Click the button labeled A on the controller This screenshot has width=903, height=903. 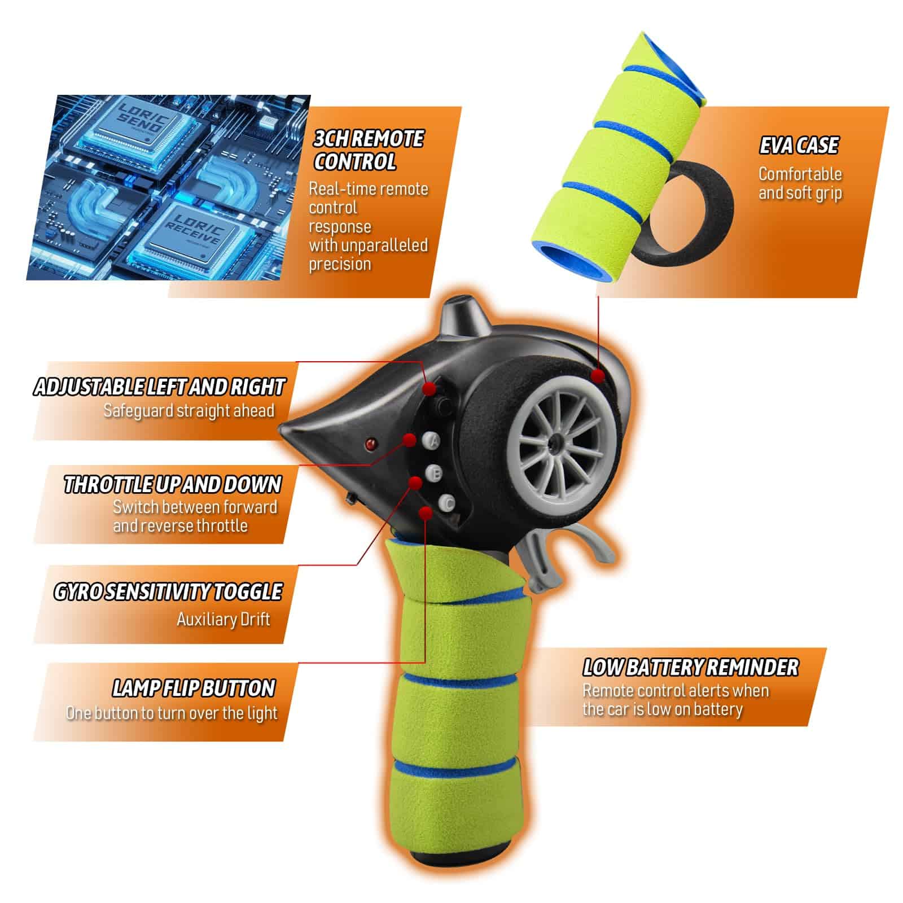click(432, 441)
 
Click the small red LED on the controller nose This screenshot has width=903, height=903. click(371, 444)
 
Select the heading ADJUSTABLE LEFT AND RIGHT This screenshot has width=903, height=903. click(159, 387)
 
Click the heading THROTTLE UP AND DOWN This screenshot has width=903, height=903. click(173, 485)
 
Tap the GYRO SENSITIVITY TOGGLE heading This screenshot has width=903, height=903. click(168, 592)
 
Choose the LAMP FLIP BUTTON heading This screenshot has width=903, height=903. click(194, 689)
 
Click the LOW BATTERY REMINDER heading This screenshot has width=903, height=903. click(690, 668)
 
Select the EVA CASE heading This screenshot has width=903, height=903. click(799, 146)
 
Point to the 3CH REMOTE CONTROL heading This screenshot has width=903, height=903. click(369, 151)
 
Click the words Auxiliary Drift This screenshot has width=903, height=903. click(223, 620)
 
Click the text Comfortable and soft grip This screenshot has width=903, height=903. click(800, 183)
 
